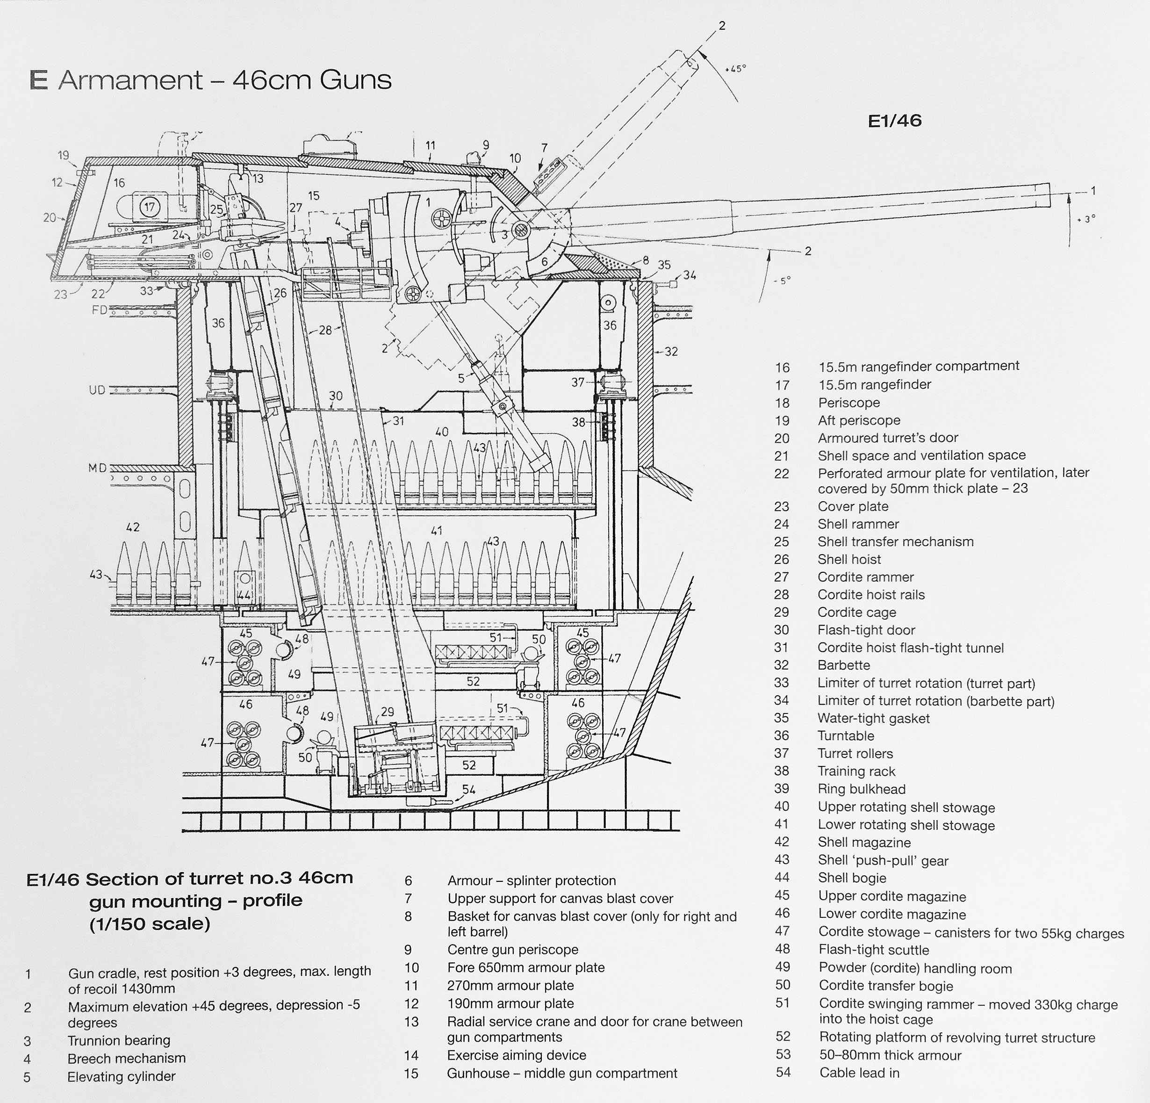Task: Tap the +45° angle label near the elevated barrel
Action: click(735, 69)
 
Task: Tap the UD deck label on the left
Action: click(97, 390)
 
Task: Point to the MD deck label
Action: click(97, 468)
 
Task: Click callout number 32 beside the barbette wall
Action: click(671, 352)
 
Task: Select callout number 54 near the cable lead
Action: click(468, 790)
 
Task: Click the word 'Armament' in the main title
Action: click(130, 80)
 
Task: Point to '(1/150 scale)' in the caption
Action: click(150, 924)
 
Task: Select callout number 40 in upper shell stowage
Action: click(442, 432)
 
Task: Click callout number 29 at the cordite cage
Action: click(387, 712)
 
